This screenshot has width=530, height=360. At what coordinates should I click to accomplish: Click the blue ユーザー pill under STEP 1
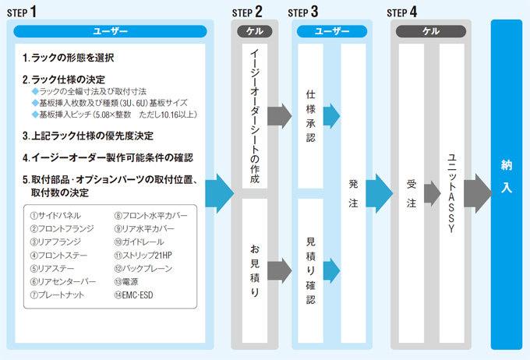click(x=110, y=31)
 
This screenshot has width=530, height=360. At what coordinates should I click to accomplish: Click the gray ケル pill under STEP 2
click(x=255, y=31)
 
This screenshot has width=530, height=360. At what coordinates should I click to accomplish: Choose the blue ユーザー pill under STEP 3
click(x=332, y=31)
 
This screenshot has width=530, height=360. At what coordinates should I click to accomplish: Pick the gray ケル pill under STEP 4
click(x=431, y=31)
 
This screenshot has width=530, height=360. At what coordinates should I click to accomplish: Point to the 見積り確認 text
click(x=310, y=269)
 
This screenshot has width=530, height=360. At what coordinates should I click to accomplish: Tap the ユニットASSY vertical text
click(x=451, y=187)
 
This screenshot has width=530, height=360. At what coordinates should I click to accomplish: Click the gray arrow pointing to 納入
click(x=477, y=189)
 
